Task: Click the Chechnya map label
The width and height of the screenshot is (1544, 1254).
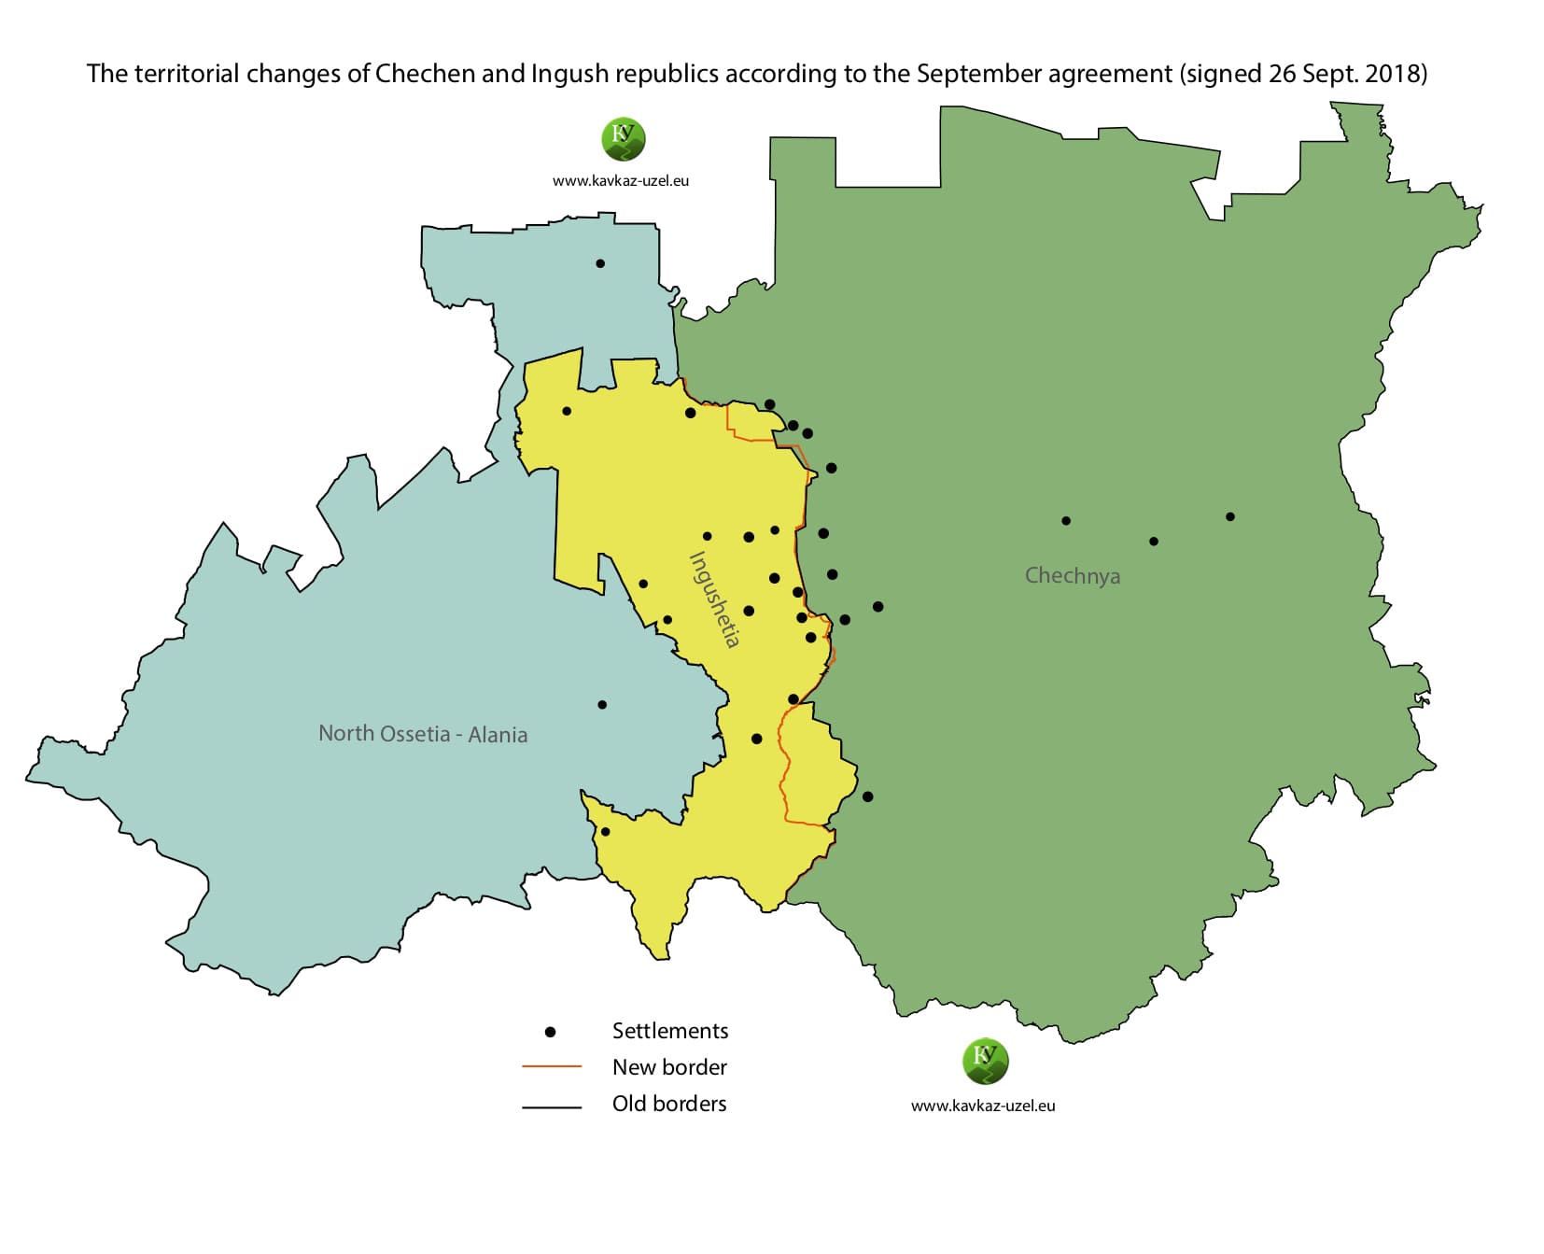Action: [1072, 575]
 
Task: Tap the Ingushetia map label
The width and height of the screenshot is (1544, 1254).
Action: [714, 599]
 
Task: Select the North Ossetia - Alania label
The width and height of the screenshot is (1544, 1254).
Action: [423, 734]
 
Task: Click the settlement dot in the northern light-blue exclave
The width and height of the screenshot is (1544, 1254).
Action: [600, 263]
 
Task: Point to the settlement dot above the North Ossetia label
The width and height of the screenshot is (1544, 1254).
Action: [602, 705]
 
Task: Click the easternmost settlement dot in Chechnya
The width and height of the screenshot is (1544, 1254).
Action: [1230, 516]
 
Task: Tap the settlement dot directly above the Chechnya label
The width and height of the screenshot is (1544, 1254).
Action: [1066, 521]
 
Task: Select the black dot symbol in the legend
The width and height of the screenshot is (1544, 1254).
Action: [550, 1032]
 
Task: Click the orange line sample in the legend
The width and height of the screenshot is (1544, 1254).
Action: [551, 1066]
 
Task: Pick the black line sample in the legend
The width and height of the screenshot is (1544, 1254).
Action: [551, 1107]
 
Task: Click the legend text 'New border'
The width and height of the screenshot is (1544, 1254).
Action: [669, 1067]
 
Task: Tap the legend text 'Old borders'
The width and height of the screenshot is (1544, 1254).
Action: [669, 1104]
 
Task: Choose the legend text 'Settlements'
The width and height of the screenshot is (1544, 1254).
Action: [670, 1031]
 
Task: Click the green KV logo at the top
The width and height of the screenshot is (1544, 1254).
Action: [623, 139]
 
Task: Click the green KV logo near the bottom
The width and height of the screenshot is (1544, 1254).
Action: [985, 1061]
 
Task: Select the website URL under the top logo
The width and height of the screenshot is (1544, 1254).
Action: [621, 181]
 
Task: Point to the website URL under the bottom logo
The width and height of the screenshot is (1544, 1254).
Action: [983, 1106]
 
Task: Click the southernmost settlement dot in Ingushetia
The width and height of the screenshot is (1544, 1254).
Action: [605, 832]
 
